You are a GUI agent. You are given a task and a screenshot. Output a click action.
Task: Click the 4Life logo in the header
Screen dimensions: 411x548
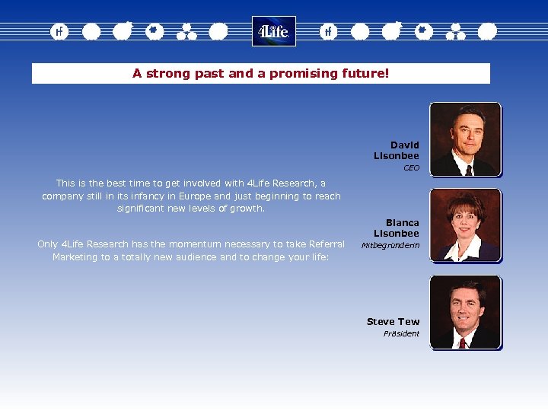click(273, 31)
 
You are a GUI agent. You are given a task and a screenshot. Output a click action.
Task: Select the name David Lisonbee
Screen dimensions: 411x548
click(397, 151)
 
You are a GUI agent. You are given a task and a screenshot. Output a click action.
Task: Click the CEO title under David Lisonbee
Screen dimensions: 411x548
click(411, 167)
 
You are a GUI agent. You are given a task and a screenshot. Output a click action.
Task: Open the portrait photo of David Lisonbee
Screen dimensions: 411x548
click(465, 139)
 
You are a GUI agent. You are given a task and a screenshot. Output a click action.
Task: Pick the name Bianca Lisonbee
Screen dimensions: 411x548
click(397, 228)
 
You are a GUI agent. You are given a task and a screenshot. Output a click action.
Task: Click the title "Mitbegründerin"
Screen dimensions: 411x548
click(390, 246)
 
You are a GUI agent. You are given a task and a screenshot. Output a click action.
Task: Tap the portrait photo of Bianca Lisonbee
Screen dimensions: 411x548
click(465, 225)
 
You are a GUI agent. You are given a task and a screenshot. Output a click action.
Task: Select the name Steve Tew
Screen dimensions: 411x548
click(393, 321)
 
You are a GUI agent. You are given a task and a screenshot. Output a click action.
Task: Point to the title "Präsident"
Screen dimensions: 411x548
click(401, 334)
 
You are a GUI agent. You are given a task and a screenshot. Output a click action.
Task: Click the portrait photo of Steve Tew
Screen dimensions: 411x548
click(465, 312)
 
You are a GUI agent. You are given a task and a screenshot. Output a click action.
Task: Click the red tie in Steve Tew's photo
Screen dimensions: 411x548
click(462, 342)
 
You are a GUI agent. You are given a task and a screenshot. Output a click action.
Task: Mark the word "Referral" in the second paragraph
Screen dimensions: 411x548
click(325, 244)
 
